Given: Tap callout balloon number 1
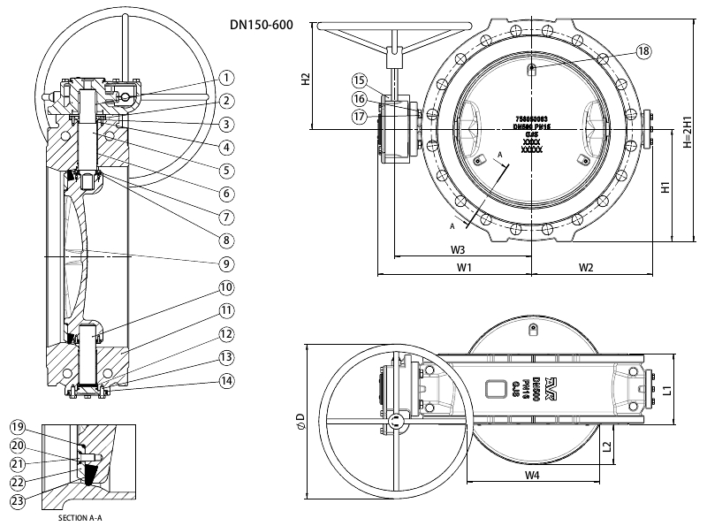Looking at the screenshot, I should click(x=227, y=78).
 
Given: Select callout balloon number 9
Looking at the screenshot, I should click(x=227, y=263).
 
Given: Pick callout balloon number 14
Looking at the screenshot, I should click(x=227, y=382).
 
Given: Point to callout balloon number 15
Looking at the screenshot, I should click(x=359, y=80).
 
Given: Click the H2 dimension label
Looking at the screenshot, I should click(x=305, y=78).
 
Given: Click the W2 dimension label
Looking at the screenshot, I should click(x=585, y=267).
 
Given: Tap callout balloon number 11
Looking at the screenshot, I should click(x=227, y=310).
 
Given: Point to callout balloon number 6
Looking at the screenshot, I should click(x=227, y=193).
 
